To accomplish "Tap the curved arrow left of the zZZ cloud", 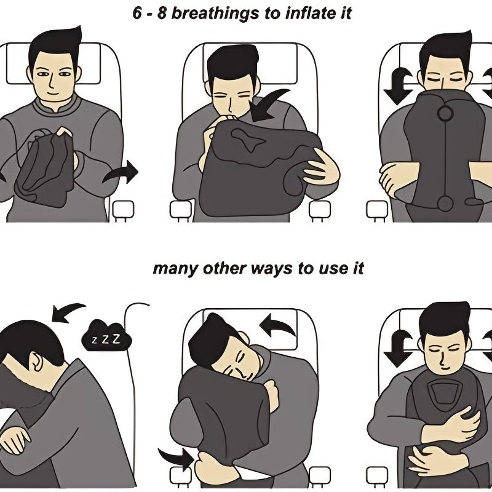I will [68, 311].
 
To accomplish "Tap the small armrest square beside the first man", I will [121, 210].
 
